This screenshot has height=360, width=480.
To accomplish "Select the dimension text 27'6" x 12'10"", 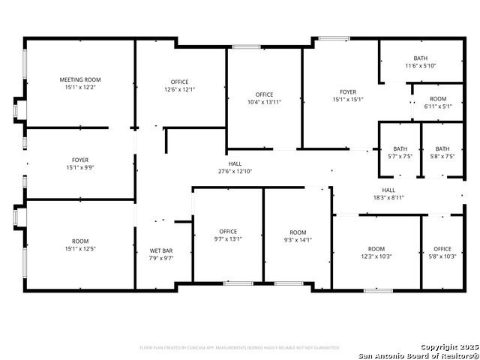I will point(235,172).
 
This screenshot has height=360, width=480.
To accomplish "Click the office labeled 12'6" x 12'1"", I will point(180,86).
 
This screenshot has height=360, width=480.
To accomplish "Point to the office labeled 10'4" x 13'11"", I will point(264,98).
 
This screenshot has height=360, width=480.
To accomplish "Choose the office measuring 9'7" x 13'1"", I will point(228,235).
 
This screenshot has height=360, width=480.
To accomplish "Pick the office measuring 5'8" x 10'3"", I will point(442,253).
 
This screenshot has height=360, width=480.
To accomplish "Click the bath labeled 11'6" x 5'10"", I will point(421,62).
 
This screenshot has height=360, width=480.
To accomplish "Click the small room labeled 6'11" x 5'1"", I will point(438,103).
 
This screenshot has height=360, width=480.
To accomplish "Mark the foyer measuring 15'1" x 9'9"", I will point(80,163).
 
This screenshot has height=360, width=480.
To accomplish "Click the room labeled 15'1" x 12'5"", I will point(80,244).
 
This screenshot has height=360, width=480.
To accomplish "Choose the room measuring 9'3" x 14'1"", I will point(298,236).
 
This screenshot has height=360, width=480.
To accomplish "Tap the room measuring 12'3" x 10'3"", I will point(376,253).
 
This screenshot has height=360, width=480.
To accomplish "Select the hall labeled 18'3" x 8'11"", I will point(388,194).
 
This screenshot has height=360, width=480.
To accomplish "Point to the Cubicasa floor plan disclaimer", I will point(240,347).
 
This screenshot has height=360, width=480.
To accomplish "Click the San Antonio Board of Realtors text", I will point(418,355).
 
